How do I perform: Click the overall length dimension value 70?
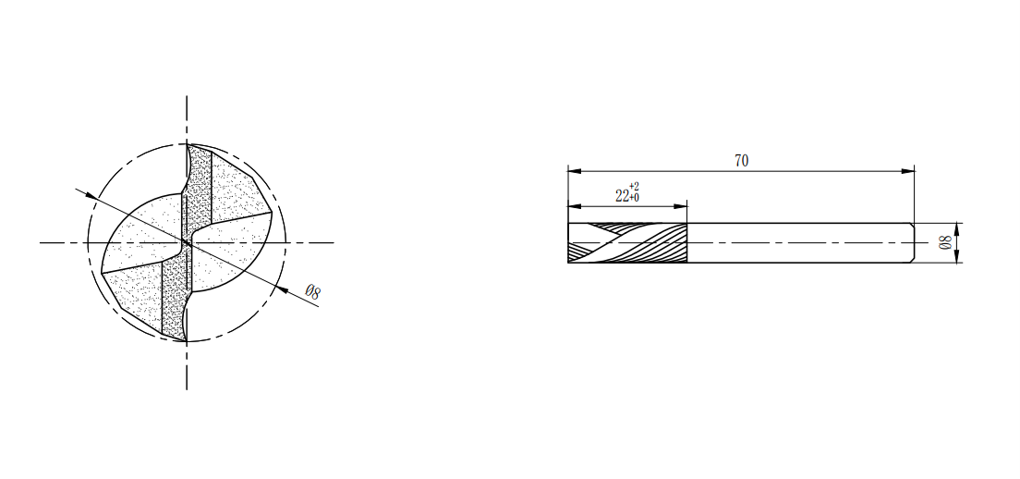coord(742,161)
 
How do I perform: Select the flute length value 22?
coord(622,195)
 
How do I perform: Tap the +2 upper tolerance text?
coord(634,187)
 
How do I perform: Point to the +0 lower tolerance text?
coord(634,197)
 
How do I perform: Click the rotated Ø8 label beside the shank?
coord(946,243)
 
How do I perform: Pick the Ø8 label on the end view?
coord(313,292)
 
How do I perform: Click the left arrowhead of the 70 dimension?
coord(575,171)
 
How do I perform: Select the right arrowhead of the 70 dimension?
coord(907,171)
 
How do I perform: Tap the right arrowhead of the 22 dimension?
coord(680,206)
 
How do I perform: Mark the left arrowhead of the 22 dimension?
coord(575,206)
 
